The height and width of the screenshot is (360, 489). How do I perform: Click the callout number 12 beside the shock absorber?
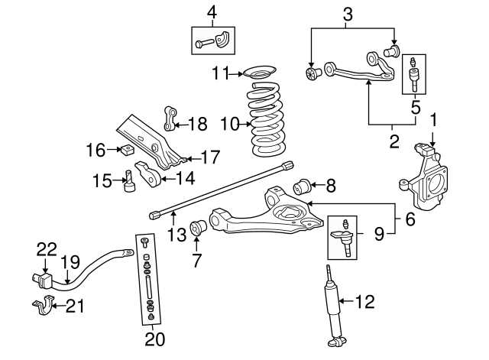(365, 302)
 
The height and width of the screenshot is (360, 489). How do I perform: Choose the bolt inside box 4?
(206, 44)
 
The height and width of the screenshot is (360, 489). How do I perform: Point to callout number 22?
(47, 248)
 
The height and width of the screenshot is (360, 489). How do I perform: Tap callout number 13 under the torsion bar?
(176, 235)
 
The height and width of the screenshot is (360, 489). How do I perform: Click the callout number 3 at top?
(347, 13)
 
